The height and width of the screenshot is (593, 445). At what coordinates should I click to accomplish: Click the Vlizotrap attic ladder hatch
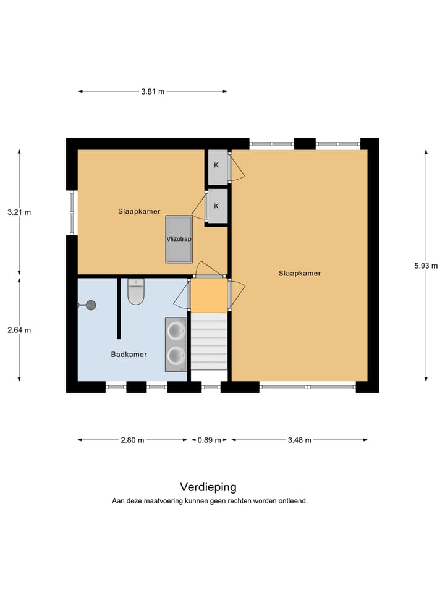point(179,239)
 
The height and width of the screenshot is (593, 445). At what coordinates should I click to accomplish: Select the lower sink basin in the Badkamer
point(177,355)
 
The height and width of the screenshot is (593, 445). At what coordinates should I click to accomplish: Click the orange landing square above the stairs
point(209,296)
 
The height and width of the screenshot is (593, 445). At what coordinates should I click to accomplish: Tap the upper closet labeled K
point(217,166)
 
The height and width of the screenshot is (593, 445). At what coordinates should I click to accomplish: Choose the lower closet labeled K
point(217,206)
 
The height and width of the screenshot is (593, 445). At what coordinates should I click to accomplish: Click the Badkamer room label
point(129,355)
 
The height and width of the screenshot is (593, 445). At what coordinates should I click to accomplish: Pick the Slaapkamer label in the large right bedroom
point(299,273)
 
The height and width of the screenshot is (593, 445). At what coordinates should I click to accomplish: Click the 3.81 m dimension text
point(153,91)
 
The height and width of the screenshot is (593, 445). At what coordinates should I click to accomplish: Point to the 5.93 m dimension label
point(426,266)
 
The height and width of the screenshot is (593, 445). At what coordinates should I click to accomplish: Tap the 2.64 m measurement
point(19,330)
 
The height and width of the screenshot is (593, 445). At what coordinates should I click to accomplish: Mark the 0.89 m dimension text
point(210,440)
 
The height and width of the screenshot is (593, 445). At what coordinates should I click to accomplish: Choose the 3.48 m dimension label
point(299,440)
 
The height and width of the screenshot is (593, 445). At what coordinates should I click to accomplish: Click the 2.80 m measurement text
point(132,440)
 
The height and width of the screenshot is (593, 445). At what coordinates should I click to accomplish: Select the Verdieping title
point(208,487)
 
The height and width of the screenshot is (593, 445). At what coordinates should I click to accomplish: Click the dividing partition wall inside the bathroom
point(118,308)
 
